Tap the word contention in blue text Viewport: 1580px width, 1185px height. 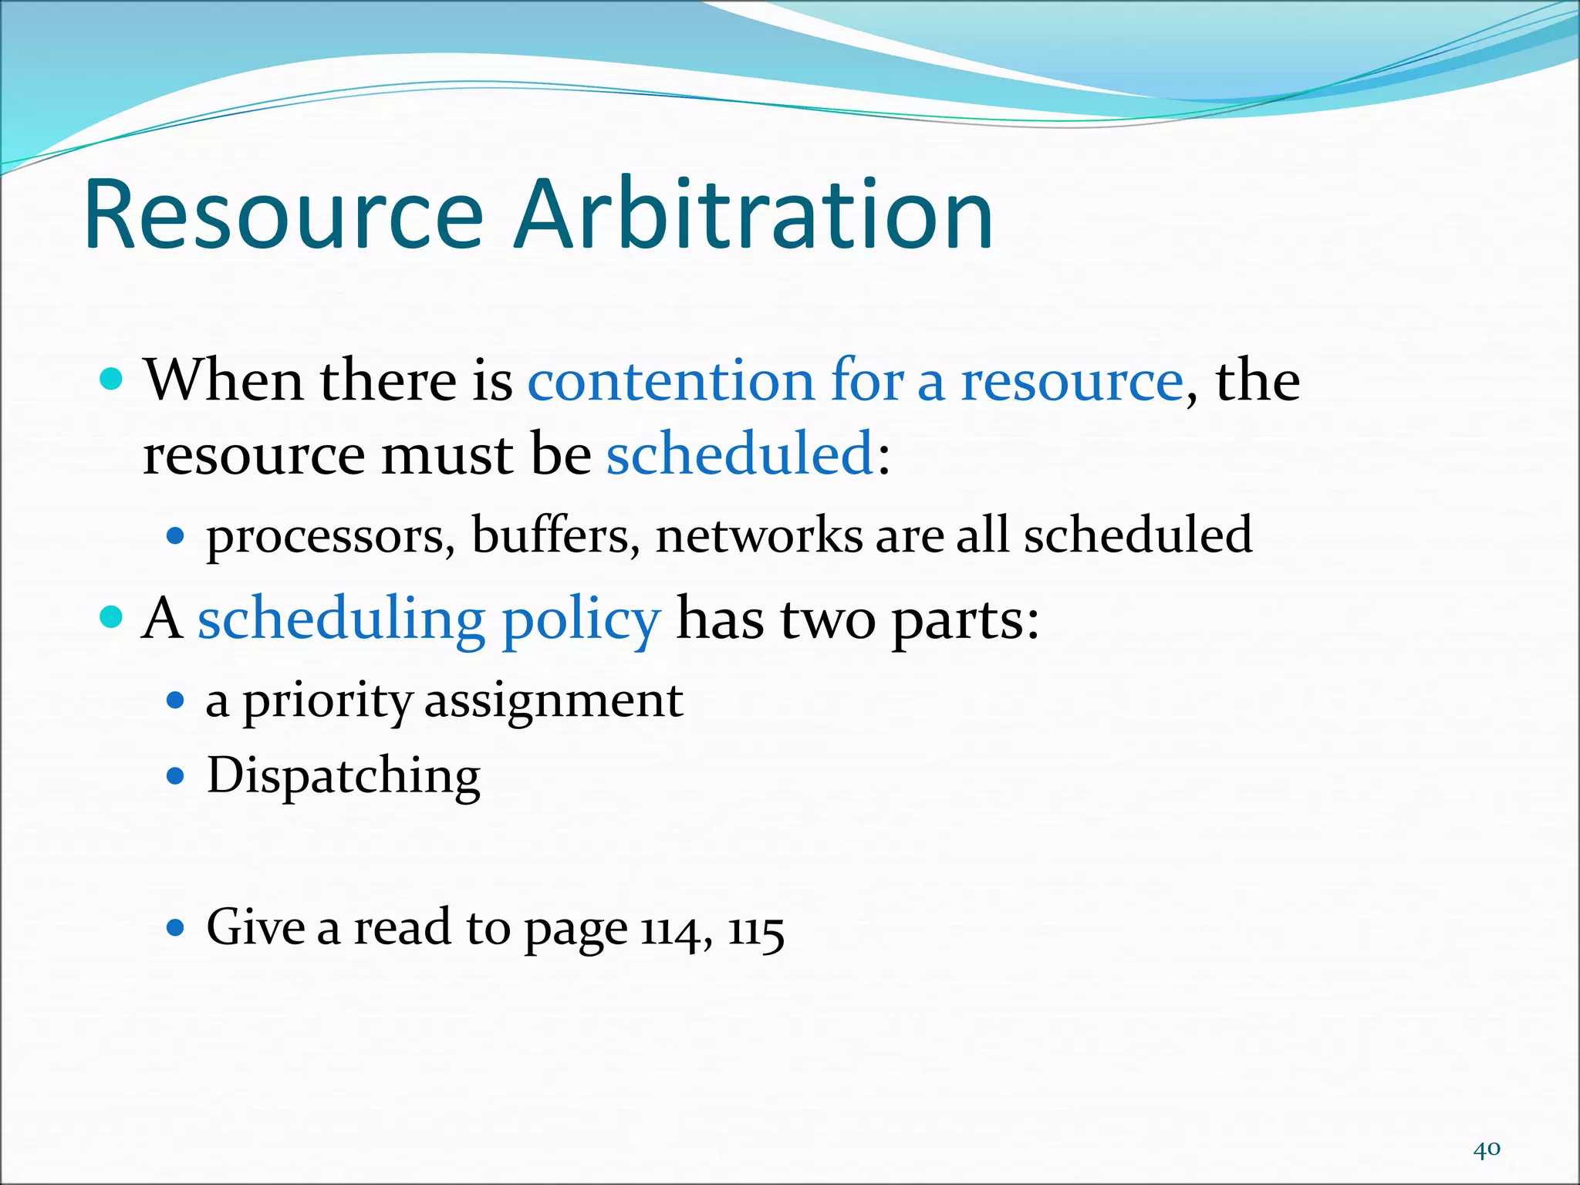(670, 380)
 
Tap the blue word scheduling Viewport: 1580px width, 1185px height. (341, 620)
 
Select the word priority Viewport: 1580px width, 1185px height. (327, 702)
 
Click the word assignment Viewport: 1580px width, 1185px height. (553, 702)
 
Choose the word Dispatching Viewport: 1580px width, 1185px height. (343, 776)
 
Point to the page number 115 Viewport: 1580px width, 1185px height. (756, 930)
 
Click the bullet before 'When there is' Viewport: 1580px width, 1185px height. (112, 380)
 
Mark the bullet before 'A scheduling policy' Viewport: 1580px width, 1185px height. (112, 617)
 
